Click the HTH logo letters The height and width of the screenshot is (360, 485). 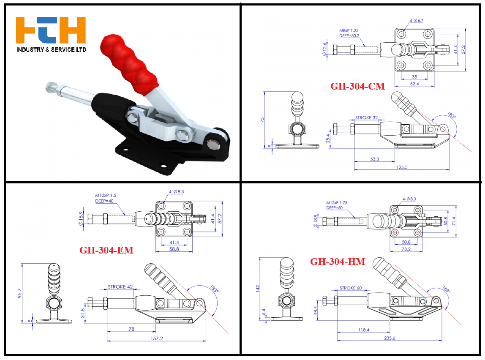point(51,30)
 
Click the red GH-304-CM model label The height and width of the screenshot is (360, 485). point(357,86)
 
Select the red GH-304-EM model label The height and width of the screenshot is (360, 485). point(106,250)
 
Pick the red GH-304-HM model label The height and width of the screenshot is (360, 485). point(338,262)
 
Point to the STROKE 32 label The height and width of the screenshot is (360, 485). point(367,117)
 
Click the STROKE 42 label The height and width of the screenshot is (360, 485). point(120,287)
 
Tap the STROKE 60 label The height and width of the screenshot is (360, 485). point(351,288)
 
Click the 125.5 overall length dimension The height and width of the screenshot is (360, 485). point(402,167)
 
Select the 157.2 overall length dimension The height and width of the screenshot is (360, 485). point(156,338)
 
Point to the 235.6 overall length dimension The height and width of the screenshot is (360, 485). point(390,338)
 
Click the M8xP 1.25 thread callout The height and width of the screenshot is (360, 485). point(349,30)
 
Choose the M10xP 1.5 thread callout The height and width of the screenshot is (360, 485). point(106,196)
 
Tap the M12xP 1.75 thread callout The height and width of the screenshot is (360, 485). point(337,203)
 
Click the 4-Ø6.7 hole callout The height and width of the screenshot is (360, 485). point(416,20)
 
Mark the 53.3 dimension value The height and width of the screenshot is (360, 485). point(375,159)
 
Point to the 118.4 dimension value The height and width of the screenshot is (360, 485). point(364,330)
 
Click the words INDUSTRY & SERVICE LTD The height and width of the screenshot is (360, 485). point(52,49)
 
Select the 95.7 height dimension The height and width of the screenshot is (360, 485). point(19,293)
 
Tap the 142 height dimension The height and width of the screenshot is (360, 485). point(257,289)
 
